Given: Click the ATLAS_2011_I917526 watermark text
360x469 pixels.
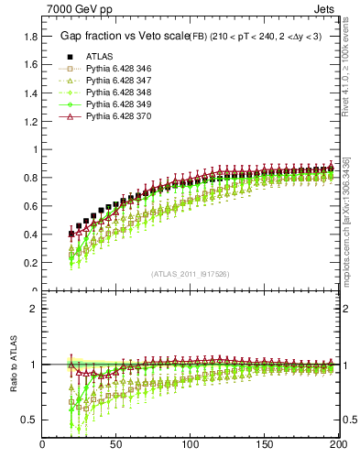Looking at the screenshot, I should (x=190, y=274).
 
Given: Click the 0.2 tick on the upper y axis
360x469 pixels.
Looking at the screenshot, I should (x=29, y=262).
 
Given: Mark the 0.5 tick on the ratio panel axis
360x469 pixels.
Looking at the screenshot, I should (x=29, y=420).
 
